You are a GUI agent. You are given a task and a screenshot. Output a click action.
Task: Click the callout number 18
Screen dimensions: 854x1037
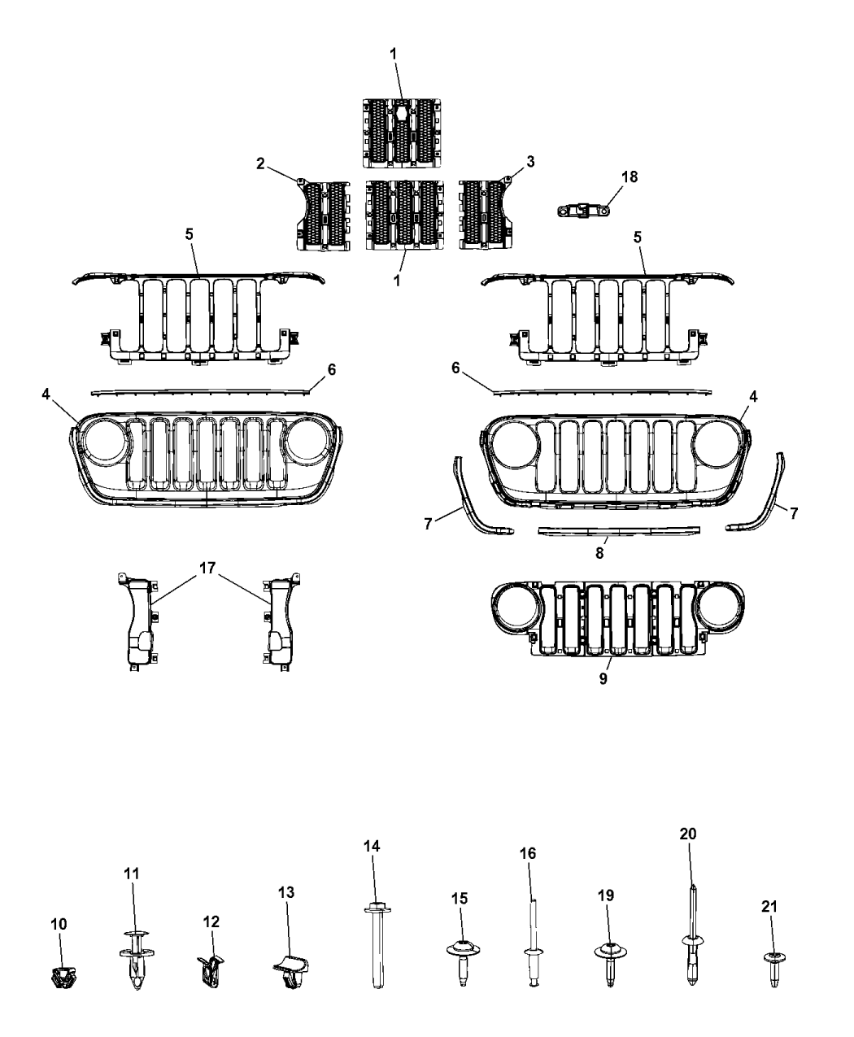click(x=630, y=176)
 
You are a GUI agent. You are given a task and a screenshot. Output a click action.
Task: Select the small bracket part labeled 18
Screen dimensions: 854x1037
click(x=582, y=211)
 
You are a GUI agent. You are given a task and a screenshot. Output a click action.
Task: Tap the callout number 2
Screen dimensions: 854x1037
click(x=261, y=163)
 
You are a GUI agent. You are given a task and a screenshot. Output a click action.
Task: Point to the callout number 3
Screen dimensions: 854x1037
click(x=530, y=161)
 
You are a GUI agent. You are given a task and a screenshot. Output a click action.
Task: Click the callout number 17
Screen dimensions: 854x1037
click(x=207, y=568)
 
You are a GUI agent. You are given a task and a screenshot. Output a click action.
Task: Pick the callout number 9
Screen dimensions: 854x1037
click(x=603, y=678)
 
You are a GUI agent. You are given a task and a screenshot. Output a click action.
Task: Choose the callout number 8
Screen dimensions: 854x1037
click(x=599, y=553)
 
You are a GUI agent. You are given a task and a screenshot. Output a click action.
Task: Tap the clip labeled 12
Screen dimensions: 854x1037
click(x=210, y=970)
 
